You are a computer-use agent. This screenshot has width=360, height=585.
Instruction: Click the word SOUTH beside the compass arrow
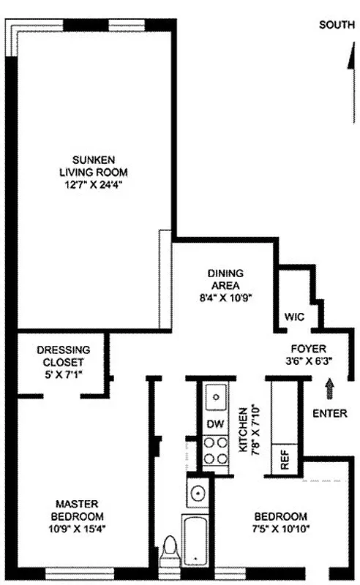point(337,25)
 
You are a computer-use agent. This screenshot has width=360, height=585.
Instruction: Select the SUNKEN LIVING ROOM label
point(94,166)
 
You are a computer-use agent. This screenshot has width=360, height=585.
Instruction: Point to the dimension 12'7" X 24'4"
point(94,185)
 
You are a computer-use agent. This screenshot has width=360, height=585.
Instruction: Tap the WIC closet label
point(294,317)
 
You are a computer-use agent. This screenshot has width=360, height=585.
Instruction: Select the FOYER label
point(307,349)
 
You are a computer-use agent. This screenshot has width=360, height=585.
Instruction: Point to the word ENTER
point(329,413)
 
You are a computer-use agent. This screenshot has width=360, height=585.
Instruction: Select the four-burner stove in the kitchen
point(216,451)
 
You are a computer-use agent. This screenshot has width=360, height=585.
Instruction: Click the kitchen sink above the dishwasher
point(216,399)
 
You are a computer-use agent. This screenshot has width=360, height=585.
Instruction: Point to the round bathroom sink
point(197,493)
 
